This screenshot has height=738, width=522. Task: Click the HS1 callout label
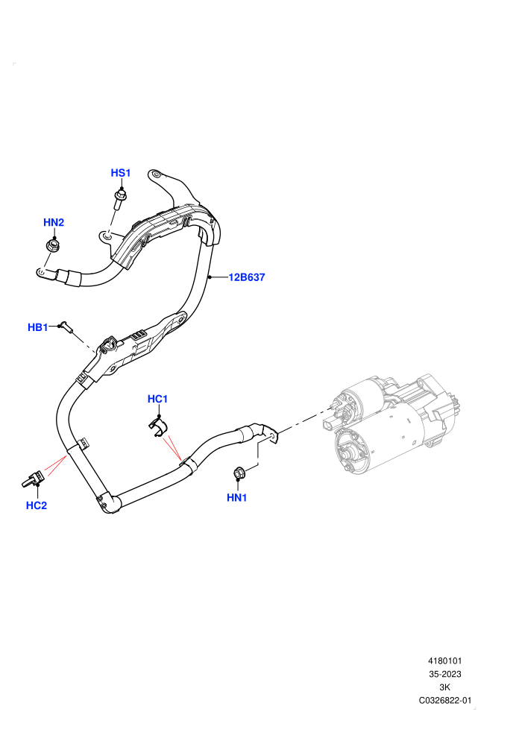pyautogui.click(x=121, y=173)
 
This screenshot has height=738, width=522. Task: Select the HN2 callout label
pyautogui.click(x=54, y=222)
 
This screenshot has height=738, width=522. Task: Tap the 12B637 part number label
pyautogui.click(x=247, y=277)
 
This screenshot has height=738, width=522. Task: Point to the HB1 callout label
pyautogui.click(x=37, y=327)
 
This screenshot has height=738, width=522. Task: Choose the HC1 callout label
pyautogui.click(x=157, y=399)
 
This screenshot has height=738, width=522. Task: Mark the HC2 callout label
pyautogui.click(x=37, y=505)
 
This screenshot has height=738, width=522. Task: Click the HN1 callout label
pyautogui.click(x=236, y=497)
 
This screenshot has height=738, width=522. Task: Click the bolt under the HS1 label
pyautogui.click(x=119, y=200)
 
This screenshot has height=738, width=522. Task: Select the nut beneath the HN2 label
pyautogui.click(x=53, y=245)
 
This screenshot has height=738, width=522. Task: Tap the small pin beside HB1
pyautogui.click(x=67, y=327)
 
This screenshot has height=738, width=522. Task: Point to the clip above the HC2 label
pyautogui.click(x=33, y=480)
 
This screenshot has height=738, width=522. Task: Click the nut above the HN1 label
pyautogui.click(x=239, y=473)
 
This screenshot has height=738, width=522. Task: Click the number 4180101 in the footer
pyautogui.click(x=444, y=660)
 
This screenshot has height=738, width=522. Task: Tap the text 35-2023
pyautogui.click(x=444, y=674)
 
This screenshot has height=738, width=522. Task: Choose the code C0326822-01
pyautogui.click(x=444, y=700)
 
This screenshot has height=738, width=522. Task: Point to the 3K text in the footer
pyautogui.click(x=444, y=687)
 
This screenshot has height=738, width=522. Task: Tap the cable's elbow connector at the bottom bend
pyautogui.click(x=109, y=503)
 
